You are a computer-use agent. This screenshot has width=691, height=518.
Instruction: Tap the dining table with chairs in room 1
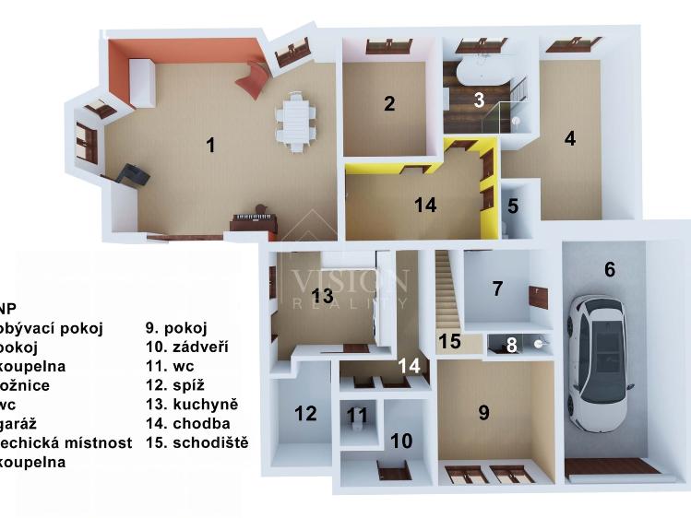pyautogui.click(x=294, y=121)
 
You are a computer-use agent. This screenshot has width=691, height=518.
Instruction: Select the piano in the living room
pyautogui.click(x=256, y=222)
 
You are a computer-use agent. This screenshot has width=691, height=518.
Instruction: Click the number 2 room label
pyautogui.click(x=389, y=103)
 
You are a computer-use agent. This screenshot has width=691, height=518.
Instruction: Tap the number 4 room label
pyautogui.click(x=570, y=138)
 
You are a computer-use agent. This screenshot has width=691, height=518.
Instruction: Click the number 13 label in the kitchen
pyautogui.click(x=322, y=296)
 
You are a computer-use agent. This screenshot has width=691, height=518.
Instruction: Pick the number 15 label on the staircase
pyautogui.click(x=448, y=341)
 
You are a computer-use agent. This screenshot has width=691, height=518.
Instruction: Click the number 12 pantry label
pyautogui.click(x=305, y=413)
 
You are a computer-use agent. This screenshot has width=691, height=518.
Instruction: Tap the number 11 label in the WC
pyautogui.click(x=357, y=416)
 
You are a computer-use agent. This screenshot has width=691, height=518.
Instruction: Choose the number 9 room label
pyautogui.click(x=483, y=412)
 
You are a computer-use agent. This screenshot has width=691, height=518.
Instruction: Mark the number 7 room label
pyautogui.click(x=497, y=288)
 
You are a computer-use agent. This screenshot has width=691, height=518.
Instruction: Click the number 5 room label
pyautogui.click(x=513, y=206)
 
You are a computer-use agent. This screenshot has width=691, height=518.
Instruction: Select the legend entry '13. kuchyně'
pyautogui.click(x=192, y=404)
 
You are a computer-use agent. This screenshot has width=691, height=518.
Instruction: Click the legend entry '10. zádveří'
pyautogui.click(x=187, y=347)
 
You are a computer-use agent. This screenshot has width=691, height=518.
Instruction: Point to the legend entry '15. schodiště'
pyautogui.click(x=197, y=442)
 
